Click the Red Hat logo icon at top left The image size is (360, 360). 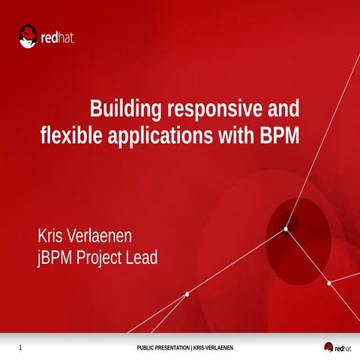(29, 36)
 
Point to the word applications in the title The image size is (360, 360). (160, 136)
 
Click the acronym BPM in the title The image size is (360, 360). (279, 136)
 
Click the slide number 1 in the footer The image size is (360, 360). (19, 347)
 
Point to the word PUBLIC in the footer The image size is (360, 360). (146, 347)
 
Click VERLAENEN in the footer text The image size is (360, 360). (218, 347)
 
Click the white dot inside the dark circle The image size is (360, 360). (286, 229)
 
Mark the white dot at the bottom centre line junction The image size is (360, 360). (187, 292)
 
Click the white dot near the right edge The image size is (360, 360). (329, 283)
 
